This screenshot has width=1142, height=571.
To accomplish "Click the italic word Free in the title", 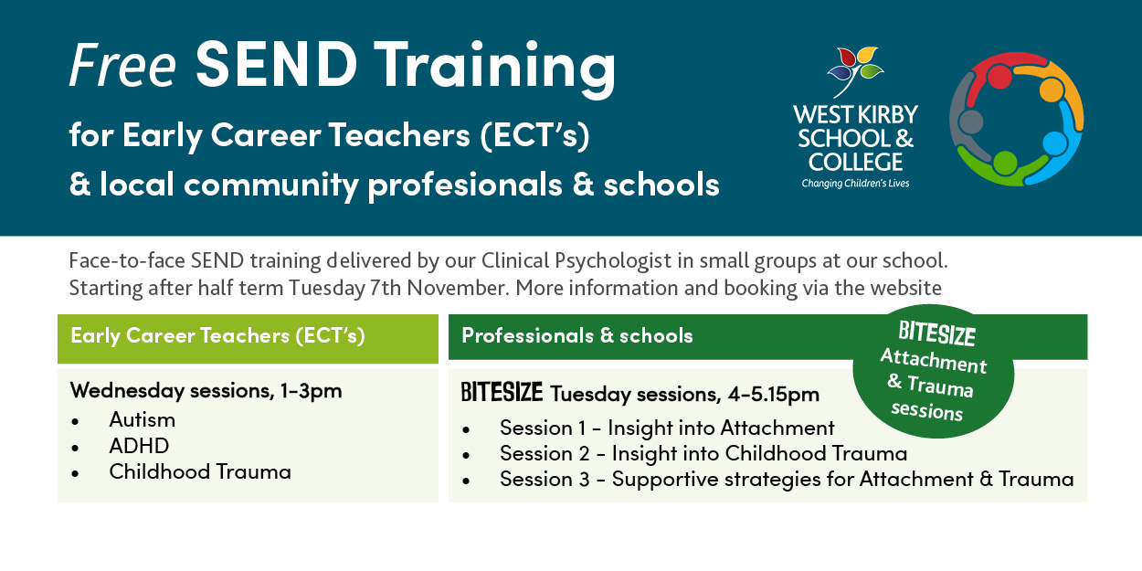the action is coord(122,65).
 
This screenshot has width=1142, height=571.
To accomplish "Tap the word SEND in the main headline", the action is coord(276,64).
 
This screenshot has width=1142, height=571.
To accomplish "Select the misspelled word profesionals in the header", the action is coord(465,185).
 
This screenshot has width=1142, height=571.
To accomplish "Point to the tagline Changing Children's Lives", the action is coord(855,184).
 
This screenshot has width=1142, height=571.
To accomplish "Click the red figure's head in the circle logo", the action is coord(999,77).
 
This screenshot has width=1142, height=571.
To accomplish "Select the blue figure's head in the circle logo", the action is coord(1055,143).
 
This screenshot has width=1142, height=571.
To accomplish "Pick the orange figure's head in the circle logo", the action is coord(1052,90).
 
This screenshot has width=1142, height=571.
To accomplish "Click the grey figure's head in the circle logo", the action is coord(970,122).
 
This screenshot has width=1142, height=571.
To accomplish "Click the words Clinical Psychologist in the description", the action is coord(576,261).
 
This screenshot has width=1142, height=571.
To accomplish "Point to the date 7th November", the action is coord(439,288).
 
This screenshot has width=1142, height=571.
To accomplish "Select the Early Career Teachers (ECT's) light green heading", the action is coord(217,336).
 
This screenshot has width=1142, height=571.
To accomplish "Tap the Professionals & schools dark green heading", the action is coord(577,335).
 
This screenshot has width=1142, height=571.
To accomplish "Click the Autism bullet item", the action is coord(143,420).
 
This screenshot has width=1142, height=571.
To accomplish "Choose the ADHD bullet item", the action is coord(139,446).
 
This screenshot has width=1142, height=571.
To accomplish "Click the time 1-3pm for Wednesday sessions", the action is coord(311,391).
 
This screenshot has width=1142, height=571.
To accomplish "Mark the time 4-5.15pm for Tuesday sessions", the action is coord(774,394).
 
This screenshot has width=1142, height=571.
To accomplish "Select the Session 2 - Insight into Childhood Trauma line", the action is coord(703,453).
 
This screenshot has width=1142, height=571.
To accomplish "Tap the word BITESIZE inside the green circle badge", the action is coord(937,334).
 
